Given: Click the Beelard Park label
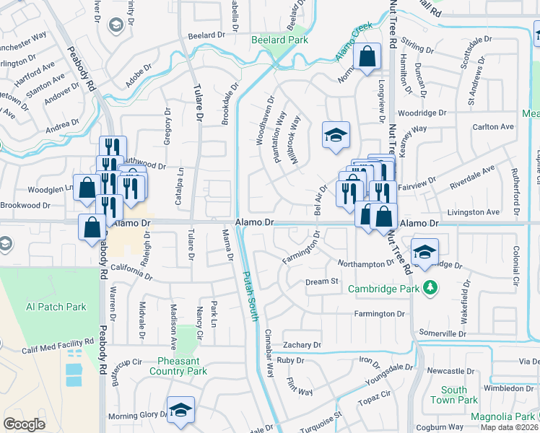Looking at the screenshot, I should pos(279,40).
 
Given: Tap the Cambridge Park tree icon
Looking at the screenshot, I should pos(430,287).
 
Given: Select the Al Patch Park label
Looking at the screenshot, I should pos(56,307).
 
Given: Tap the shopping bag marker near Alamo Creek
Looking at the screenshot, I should pos(367,56).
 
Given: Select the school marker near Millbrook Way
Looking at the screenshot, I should pos(335,136).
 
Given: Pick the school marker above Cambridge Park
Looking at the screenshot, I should pos(424,253).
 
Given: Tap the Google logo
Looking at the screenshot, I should pos(24,424).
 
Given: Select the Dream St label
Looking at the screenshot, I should pos(321,281).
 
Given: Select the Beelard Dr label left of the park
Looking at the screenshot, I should pos(202,35).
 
